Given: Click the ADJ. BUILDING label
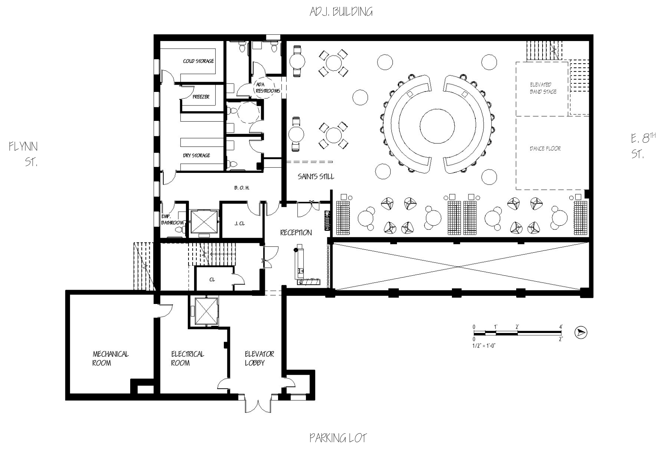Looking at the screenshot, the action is (x=341, y=12).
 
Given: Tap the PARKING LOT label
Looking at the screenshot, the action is (x=338, y=438).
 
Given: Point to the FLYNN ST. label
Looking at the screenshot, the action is (x=24, y=154).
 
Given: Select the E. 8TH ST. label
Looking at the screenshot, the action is (x=643, y=145).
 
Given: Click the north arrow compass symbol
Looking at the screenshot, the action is (x=581, y=332).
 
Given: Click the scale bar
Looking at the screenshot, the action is (x=518, y=333).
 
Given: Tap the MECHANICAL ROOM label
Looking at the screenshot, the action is (x=110, y=358).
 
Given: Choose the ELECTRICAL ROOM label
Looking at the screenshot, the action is (x=187, y=358).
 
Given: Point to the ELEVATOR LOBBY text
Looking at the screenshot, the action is (x=259, y=358).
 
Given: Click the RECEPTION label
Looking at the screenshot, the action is (x=296, y=232).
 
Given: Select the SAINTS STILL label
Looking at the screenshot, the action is (x=316, y=176).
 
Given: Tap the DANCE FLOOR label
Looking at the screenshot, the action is (x=545, y=148).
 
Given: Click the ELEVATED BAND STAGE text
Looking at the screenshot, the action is (x=543, y=88).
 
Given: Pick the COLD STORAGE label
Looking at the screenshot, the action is (x=198, y=61).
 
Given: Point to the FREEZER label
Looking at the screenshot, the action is (x=201, y=97).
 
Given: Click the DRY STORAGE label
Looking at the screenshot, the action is (x=196, y=155).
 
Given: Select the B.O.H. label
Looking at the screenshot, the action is (x=242, y=188).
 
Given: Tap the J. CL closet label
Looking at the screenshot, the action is (x=239, y=223).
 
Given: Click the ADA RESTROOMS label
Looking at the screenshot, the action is (x=268, y=88).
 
